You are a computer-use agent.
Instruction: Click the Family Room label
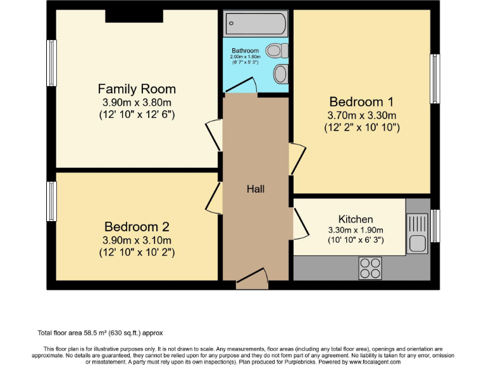click(137, 89)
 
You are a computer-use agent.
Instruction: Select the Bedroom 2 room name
click(137, 226)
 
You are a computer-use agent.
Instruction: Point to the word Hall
click(256, 189)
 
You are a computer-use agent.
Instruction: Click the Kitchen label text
click(356, 219)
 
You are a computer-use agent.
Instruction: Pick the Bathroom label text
click(245, 51)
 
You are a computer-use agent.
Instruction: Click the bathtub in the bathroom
click(256, 24)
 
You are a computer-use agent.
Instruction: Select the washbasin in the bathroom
click(280, 74)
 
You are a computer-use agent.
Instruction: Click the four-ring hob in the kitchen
click(370, 268)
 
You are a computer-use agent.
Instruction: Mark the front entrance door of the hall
click(252, 278)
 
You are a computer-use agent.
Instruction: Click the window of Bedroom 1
click(435, 78)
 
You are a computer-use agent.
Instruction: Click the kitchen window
click(435, 226)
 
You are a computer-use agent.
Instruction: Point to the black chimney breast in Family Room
click(134, 16)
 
